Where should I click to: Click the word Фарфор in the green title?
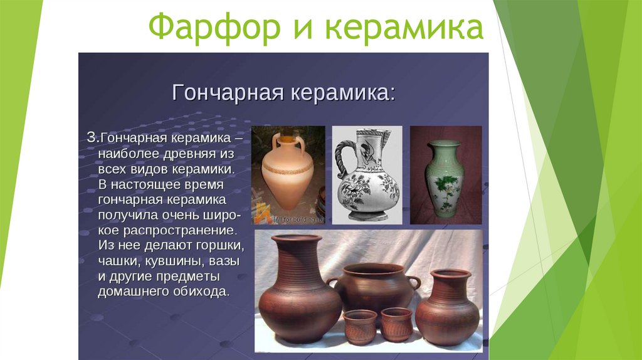[214, 27]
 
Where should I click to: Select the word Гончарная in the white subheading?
[228, 92]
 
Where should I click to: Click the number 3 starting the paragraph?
[92, 137]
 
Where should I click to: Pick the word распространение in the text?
[180, 231]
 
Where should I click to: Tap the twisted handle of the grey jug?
[340, 161]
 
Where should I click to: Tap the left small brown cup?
[360, 327]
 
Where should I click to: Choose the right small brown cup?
[397, 324]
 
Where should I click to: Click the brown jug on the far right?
[447, 307]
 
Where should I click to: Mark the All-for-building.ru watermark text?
[298, 220]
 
